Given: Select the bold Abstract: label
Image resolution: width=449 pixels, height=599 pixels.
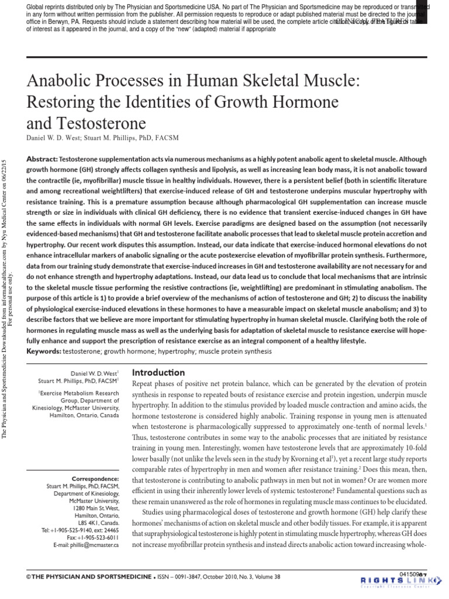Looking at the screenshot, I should point(42,159).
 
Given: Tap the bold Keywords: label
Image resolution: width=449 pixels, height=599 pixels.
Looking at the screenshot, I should point(46,350).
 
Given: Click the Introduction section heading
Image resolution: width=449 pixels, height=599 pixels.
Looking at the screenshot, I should point(158,373).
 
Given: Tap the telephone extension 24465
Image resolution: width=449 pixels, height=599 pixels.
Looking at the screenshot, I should point(109,529).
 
